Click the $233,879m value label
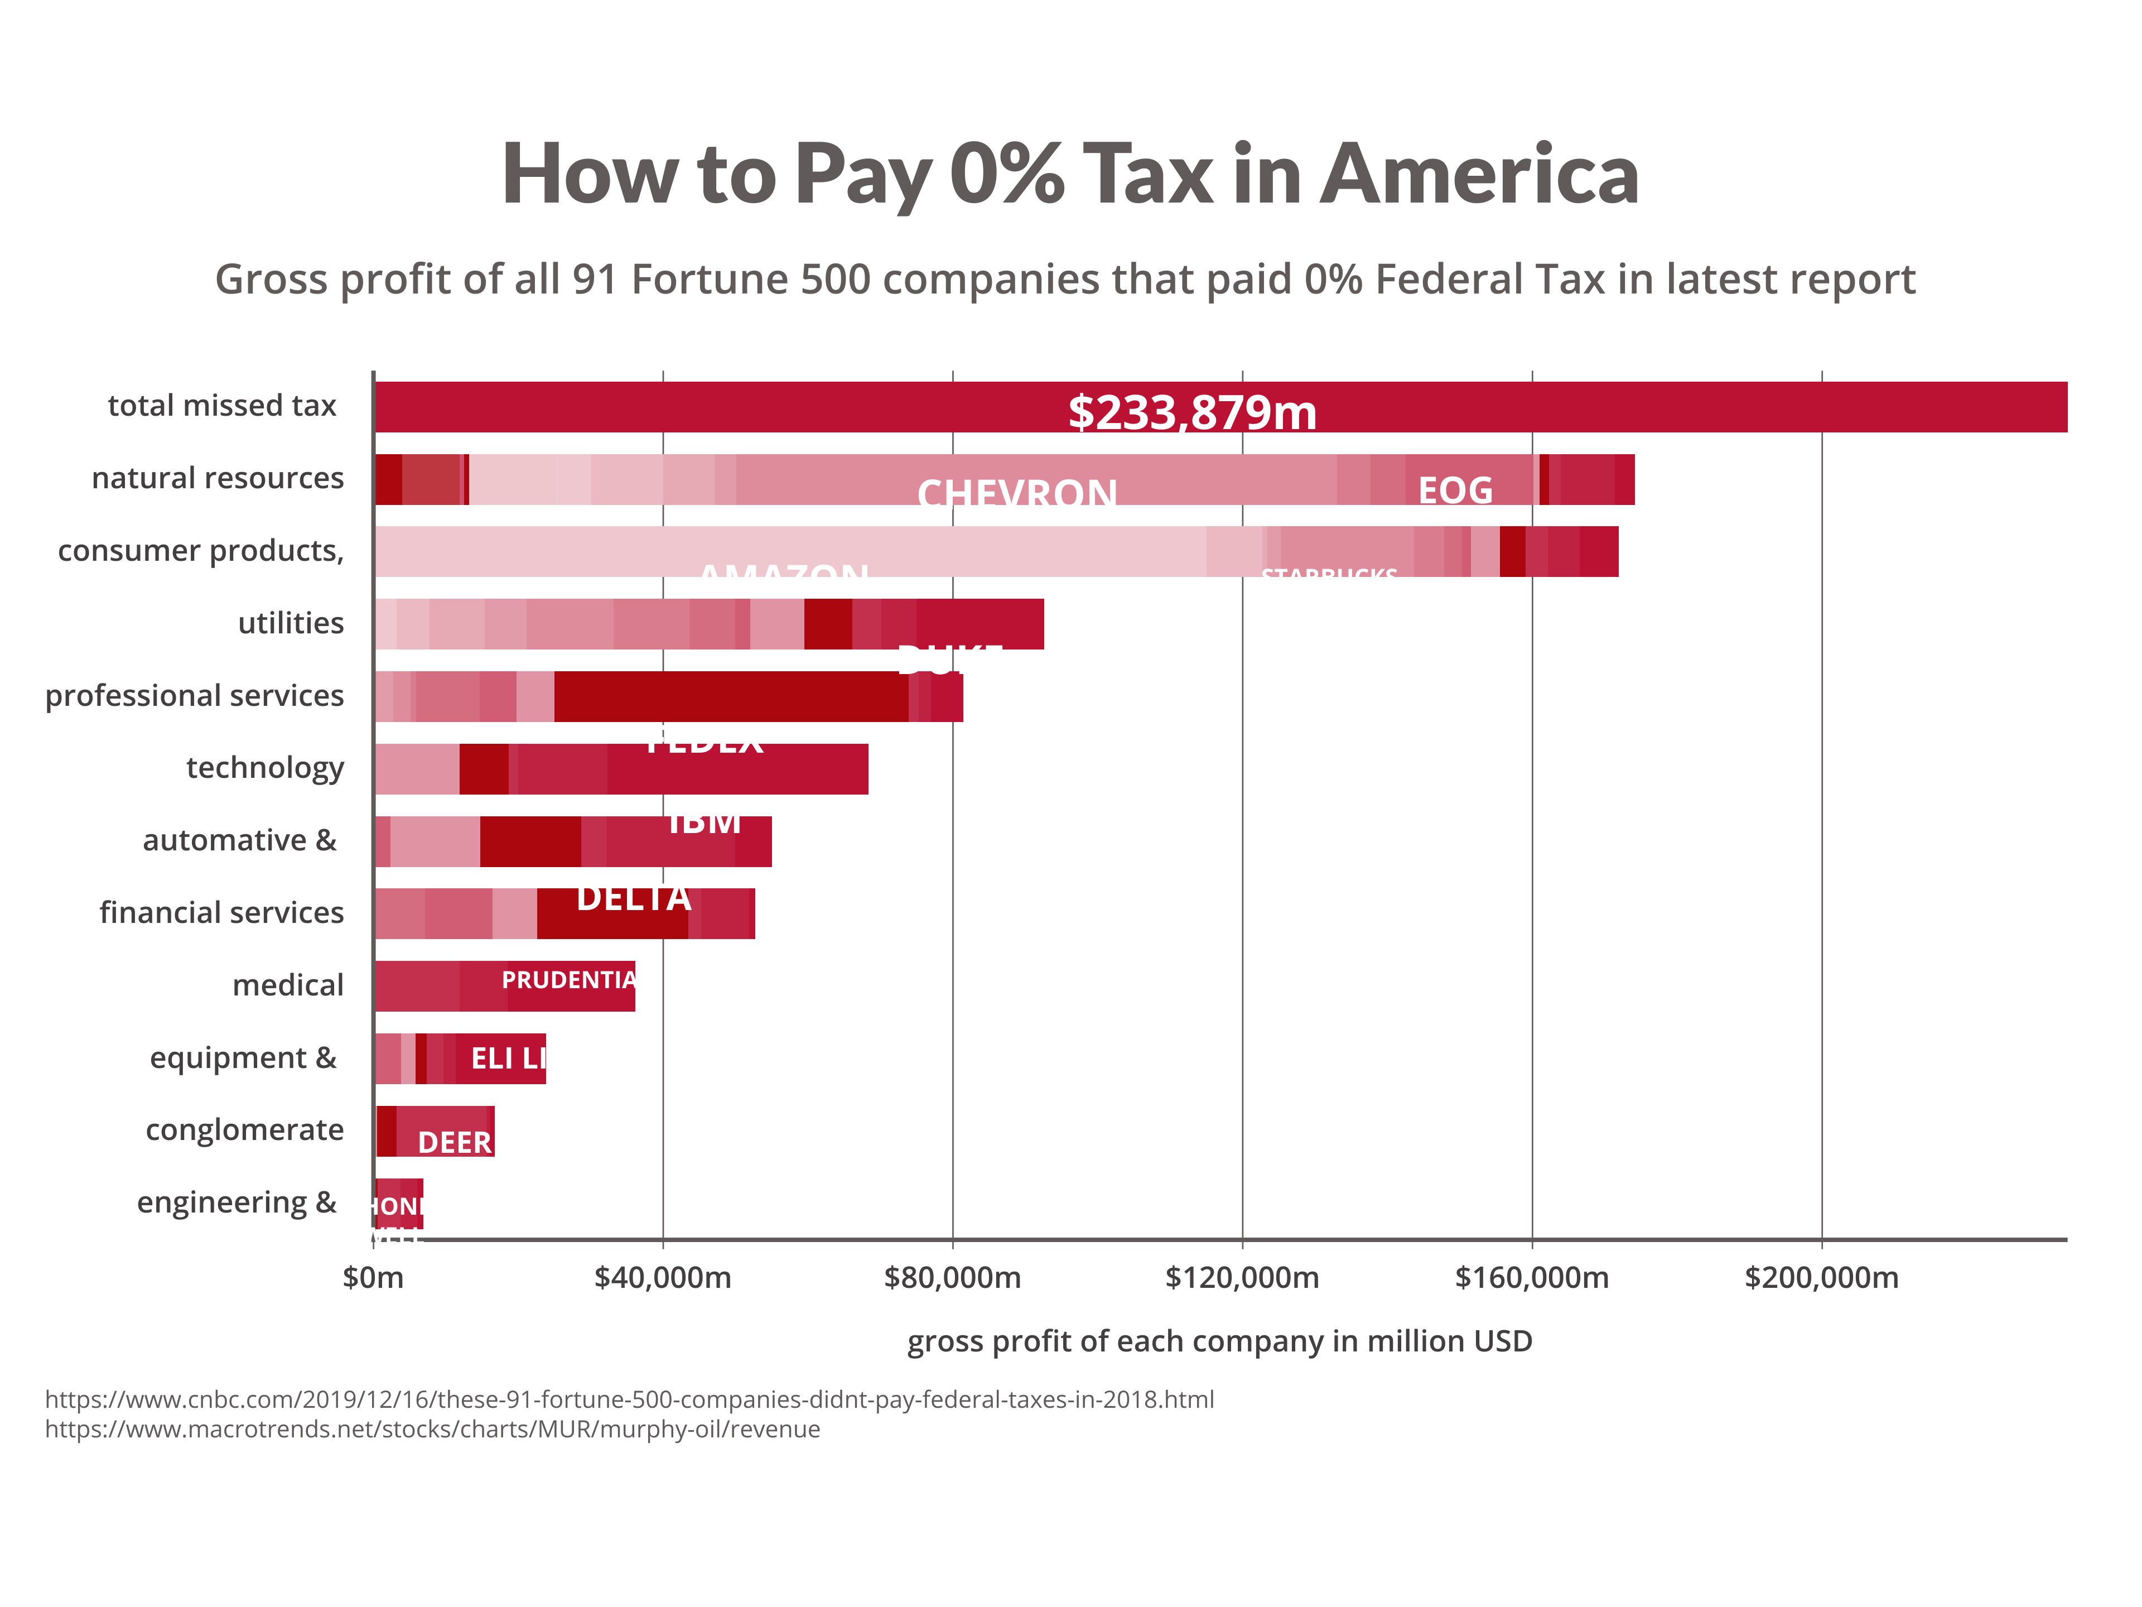tap(1192, 413)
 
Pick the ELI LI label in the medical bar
tap(508, 1058)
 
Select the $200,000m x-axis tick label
tap(1821, 1278)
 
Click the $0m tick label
tap(373, 1278)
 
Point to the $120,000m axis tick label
tap(1242, 1278)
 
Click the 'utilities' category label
tap(291, 623)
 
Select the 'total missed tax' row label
tap(222, 405)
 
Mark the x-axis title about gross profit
tap(1219, 1341)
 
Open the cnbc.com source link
tap(629, 1399)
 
